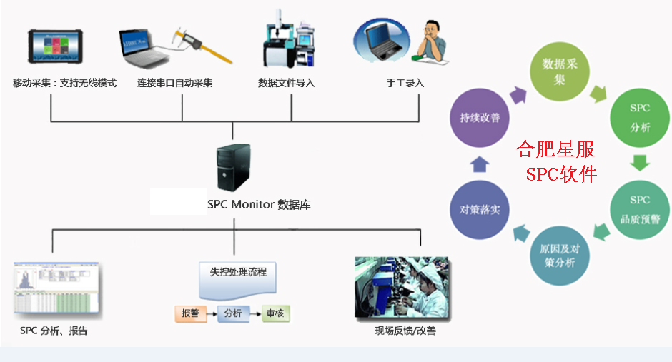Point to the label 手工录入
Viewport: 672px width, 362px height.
[x=405, y=83]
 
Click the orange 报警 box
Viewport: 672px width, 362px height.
[x=190, y=313]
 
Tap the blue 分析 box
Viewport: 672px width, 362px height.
[x=233, y=313]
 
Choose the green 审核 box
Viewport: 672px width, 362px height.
[x=275, y=313]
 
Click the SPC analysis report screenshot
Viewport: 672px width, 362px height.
[x=57, y=289]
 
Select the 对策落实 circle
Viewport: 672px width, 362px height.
[x=479, y=210]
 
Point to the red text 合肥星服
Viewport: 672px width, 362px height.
[x=556, y=151]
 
